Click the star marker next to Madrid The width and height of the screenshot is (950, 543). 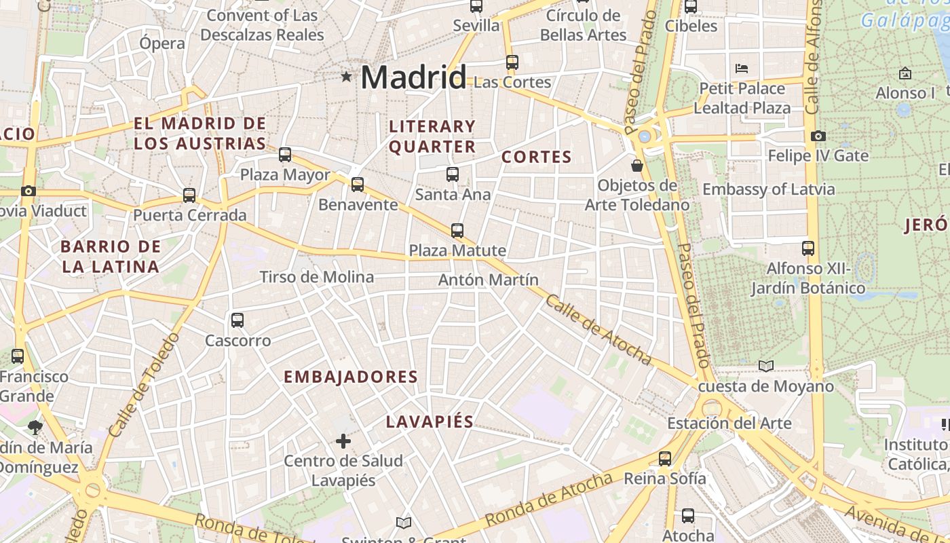click(347, 77)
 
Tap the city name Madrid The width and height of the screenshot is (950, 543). click(413, 77)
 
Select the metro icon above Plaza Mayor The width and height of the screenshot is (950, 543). click(285, 155)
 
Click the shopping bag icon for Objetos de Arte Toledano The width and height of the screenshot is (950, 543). click(637, 165)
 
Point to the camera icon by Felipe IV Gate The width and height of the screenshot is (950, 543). click(818, 136)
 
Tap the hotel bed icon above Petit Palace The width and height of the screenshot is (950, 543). click(742, 69)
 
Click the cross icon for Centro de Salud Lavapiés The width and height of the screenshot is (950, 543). click(343, 442)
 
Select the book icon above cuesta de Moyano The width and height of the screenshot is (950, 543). click(766, 367)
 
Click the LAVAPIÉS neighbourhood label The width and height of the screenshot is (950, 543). click(430, 422)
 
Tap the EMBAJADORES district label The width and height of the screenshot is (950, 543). click(350, 377)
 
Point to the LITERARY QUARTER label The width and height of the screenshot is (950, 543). click(432, 136)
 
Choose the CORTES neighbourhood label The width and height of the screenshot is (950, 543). click(537, 157)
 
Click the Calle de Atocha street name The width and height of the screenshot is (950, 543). click(598, 331)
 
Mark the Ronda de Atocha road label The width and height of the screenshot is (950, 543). click(549, 500)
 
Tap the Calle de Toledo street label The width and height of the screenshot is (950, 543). click(143, 384)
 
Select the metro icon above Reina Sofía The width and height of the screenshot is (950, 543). click(665, 459)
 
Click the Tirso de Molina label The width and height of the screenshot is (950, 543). click(317, 277)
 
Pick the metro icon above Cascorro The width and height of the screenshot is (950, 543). click(237, 320)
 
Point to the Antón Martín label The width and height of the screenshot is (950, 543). click(489, 280)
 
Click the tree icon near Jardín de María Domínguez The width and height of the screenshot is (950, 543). click(35, 428)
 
